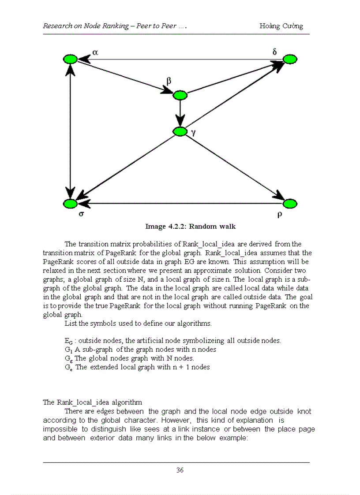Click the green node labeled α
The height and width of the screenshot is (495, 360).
tap(70, 60)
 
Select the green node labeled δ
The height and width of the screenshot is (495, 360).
tap(290, 60)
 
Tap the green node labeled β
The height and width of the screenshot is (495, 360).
tap(180, 95)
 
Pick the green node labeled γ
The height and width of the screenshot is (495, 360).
tap(180, 131)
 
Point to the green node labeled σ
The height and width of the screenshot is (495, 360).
tap(70, 204)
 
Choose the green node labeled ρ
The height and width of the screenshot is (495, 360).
tap(290, 204)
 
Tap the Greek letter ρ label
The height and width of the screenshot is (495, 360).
tap(280, 216)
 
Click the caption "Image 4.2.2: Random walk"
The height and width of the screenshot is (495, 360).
tap(191, 227)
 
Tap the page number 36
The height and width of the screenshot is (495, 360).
tap(180, 470)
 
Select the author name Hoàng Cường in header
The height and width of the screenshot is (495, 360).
tap(281, 26)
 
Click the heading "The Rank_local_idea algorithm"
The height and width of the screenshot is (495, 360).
tap(92, 402)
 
